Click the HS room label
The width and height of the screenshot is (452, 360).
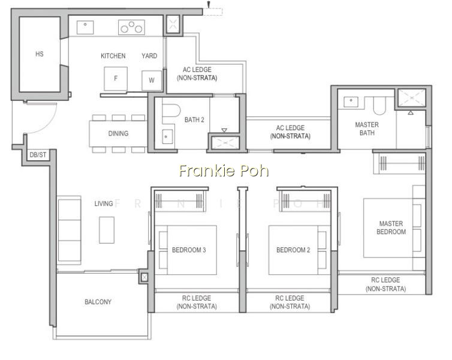(x=40, y=54)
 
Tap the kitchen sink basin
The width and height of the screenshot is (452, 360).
(x=85, y=28)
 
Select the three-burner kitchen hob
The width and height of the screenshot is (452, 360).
(x=131, y=27)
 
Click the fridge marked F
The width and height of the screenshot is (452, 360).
(x=116, y=79)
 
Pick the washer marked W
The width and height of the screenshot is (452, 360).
(x=152, y=80)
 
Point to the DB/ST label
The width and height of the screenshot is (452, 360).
(x=38, y=155)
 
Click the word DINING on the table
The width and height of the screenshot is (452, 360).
(x=118, y=134)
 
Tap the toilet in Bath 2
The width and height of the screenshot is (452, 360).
(x=171, y=110)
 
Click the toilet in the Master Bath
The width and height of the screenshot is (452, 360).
(x=379, y=106)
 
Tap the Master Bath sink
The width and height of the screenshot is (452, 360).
(x=351, y=102)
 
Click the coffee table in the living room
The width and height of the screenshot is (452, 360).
(x=107, y=230)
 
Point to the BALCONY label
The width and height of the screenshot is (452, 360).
(x=98, y=302)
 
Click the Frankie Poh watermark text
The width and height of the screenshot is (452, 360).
(x=224, y=170)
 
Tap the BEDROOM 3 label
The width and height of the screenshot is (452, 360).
(x=189, y=250)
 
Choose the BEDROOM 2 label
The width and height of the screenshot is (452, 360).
(x=293, y=250)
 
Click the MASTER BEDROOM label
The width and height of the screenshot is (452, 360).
(x=391, y=227)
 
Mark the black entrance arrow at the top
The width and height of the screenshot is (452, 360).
(x=209, y=4)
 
